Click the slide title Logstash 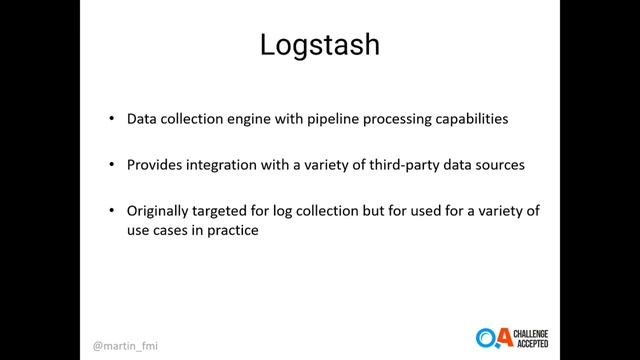coord(319,45)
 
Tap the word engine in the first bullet coord(242,119)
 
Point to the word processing coord(389,119)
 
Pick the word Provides coord(156,165)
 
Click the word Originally coord(161,211)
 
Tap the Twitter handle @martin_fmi coord(122,340)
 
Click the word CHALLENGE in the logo coord(537,331)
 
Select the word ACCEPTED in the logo coord(535,343)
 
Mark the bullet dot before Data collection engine coord(112,119)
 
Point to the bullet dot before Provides coord(112,165)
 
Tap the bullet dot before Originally coord(112,211)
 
